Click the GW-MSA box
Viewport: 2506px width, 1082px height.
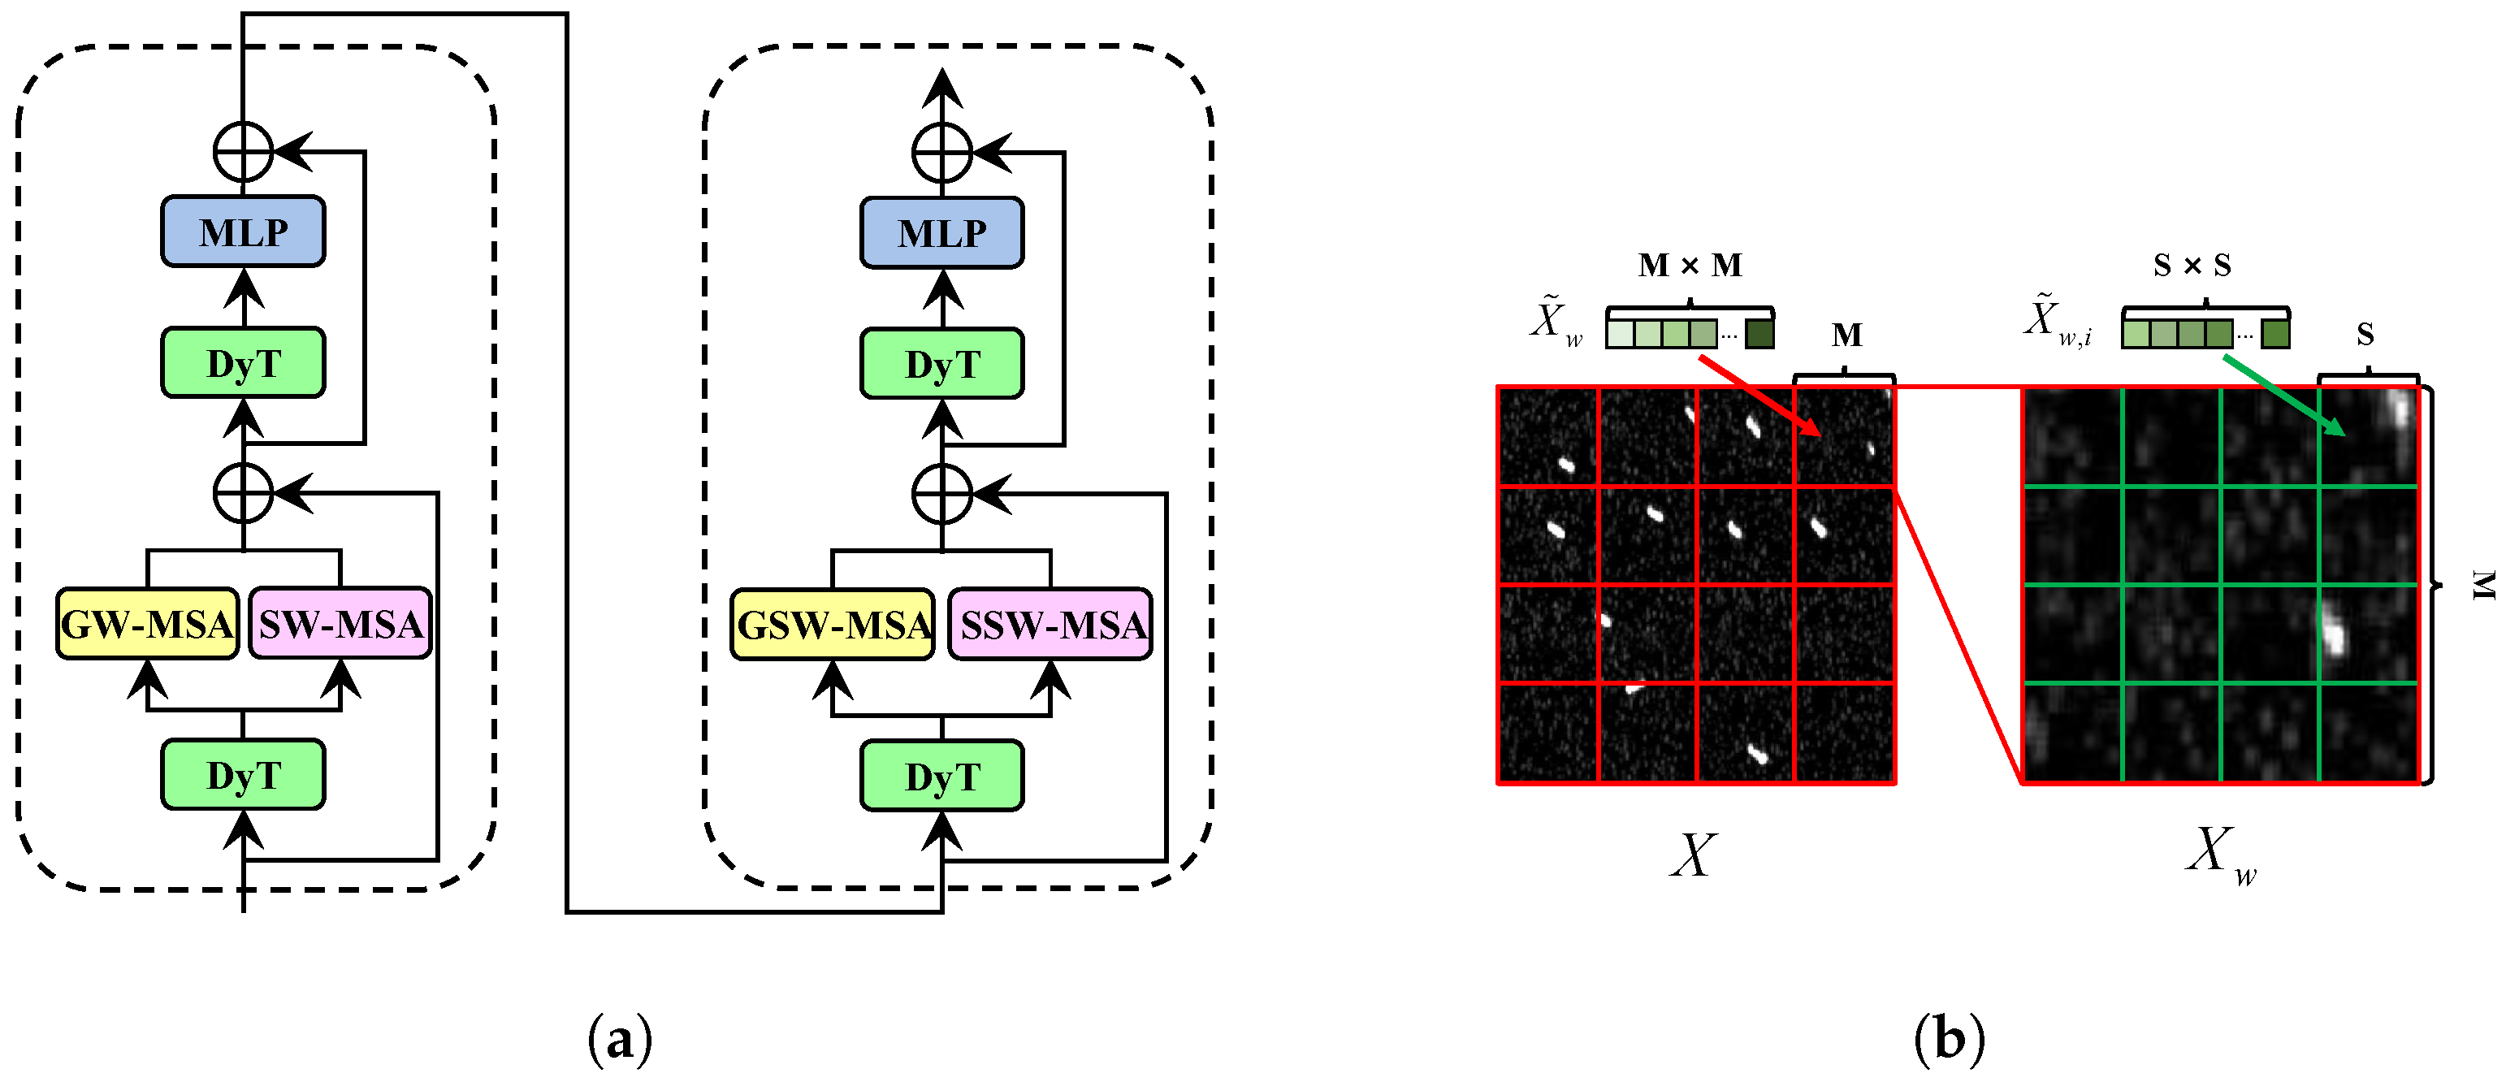click(147, 624)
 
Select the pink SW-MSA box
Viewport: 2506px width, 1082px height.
click(340, 624)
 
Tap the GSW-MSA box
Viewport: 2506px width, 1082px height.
click(833, 625)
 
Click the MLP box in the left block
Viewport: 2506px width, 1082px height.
click(243, 232)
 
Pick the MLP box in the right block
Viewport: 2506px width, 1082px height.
click(941, 232)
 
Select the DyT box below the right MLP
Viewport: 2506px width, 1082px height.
click(941, 364)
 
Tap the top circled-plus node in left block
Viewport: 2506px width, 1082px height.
click(243, 152)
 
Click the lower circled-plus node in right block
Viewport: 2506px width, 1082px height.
click(941, 495)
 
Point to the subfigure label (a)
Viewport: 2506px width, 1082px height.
click(621, 1040)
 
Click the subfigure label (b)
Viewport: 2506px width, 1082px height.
click(1949, 1038)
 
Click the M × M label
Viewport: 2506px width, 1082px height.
click(1690, 265)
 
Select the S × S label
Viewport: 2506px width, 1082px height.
click(2192, 265)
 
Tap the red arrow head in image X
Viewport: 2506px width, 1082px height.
click(1812, 429)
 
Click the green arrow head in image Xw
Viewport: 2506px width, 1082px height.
click(2337, 429)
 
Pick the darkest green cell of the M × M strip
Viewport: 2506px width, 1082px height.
click(1759, 335)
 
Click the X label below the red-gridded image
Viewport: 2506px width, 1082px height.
click(1694, 856)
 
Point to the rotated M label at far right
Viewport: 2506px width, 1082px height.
click(2482, 584)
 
